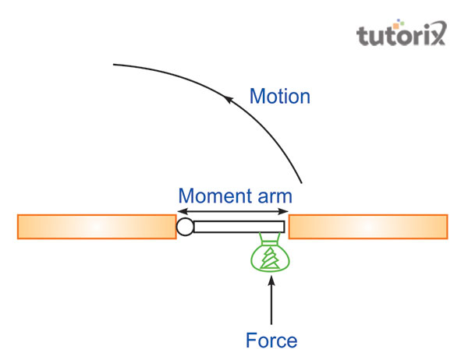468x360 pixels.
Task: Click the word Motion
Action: point(279,97)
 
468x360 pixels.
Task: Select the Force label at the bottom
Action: point(271,341)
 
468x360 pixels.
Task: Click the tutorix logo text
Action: point(402,36)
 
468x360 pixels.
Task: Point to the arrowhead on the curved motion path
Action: point(229,97)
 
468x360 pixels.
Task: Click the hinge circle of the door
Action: point(185,227)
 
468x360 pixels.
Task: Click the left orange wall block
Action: point(96,226)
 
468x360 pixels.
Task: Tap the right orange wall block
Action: point(368,226)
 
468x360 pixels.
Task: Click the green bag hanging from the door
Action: point(270,256)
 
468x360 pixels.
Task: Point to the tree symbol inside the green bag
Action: point(270,259)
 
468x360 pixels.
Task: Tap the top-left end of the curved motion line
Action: point(115,64)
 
